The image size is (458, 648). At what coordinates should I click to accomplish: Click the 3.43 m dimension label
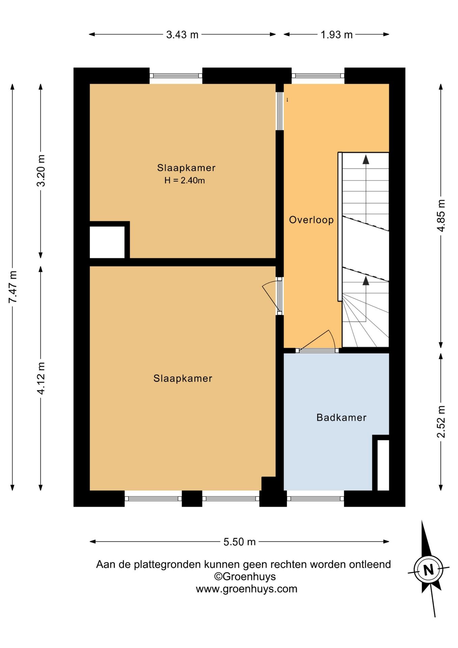click(182, 34)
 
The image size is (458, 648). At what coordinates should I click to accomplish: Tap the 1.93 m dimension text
click(336, 34)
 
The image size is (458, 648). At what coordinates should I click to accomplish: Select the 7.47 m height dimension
click(13, 287)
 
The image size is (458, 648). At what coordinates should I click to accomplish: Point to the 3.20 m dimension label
click(41, 170)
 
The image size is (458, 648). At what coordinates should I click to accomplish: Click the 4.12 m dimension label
click(41, 378)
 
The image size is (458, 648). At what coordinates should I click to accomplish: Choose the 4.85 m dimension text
click(441, 215)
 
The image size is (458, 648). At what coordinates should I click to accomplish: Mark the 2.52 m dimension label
click(441, 422)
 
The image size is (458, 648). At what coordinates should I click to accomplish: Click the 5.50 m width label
click(239, 542)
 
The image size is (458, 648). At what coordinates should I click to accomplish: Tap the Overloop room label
click(311, 220)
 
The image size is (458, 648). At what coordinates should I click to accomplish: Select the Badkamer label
click(341, 417)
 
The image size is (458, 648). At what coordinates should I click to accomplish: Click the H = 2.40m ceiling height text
click(184, 180)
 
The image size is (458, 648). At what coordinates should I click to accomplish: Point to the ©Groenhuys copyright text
click(245, 576)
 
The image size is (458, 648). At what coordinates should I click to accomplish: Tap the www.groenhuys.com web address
click(247, 589)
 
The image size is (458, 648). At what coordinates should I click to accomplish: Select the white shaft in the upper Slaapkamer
click(107, 242)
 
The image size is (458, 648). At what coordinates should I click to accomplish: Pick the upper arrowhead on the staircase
click(366, 159)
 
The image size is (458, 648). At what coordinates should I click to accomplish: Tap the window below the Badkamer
click(315, 498)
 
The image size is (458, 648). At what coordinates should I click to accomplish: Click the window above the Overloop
click(318, 76)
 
